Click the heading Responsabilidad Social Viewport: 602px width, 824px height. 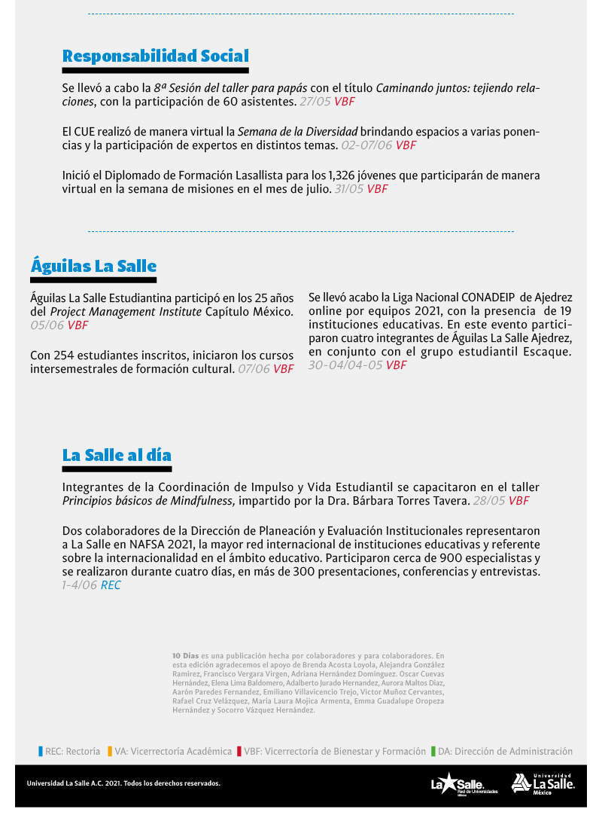tap(155, 56)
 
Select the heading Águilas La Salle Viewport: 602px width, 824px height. tap(93, 266)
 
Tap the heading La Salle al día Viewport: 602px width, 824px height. tap(117, 455)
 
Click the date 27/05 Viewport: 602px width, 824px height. tap(315, 101)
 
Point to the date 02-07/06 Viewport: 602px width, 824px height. tap(366, 145)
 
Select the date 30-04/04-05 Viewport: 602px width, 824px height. tap(345, 365)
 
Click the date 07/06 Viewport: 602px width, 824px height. tap(254, 369)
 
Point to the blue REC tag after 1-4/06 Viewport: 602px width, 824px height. tap(111, 585)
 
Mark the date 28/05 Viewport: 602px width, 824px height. tap(489, 501)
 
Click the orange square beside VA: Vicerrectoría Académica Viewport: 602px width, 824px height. tap(110, 751)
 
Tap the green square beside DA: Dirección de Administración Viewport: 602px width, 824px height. tap(433, 751)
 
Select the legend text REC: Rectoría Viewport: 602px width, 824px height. tap(72, 751)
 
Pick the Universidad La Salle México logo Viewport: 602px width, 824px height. tap(543, 784)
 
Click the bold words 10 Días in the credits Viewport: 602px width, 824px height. tap(185, 656)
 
